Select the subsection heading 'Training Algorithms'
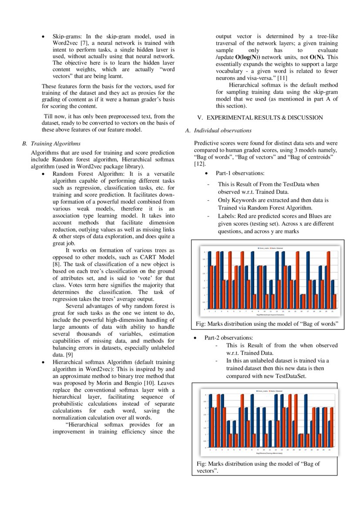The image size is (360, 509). tap(55, 144)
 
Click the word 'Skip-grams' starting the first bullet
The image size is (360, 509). tap(67, 37)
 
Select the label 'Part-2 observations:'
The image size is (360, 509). tap(229, 337)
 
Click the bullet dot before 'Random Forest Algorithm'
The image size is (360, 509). tap(43, 173)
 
